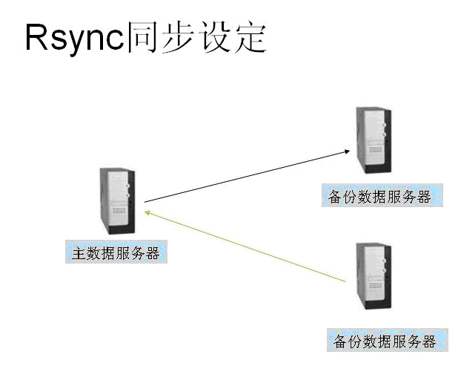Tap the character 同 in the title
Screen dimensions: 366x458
click(x=142, y=38)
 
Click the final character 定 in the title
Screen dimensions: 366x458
click(x=250, y=38)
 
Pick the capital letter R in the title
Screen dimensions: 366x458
click(x=36, y=38)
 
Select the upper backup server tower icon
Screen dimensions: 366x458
click(x=372, y=140)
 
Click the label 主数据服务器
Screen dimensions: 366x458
click(x=115, y=252)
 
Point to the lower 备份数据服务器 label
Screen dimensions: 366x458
click(x=386, y=342)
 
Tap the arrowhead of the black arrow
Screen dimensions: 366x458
click(x=346, y=151)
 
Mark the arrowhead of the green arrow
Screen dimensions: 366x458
click(x=147, y=212)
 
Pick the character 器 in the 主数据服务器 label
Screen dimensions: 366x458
click(x=153, y=252)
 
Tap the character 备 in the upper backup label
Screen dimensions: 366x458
click(x=336, y=196)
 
